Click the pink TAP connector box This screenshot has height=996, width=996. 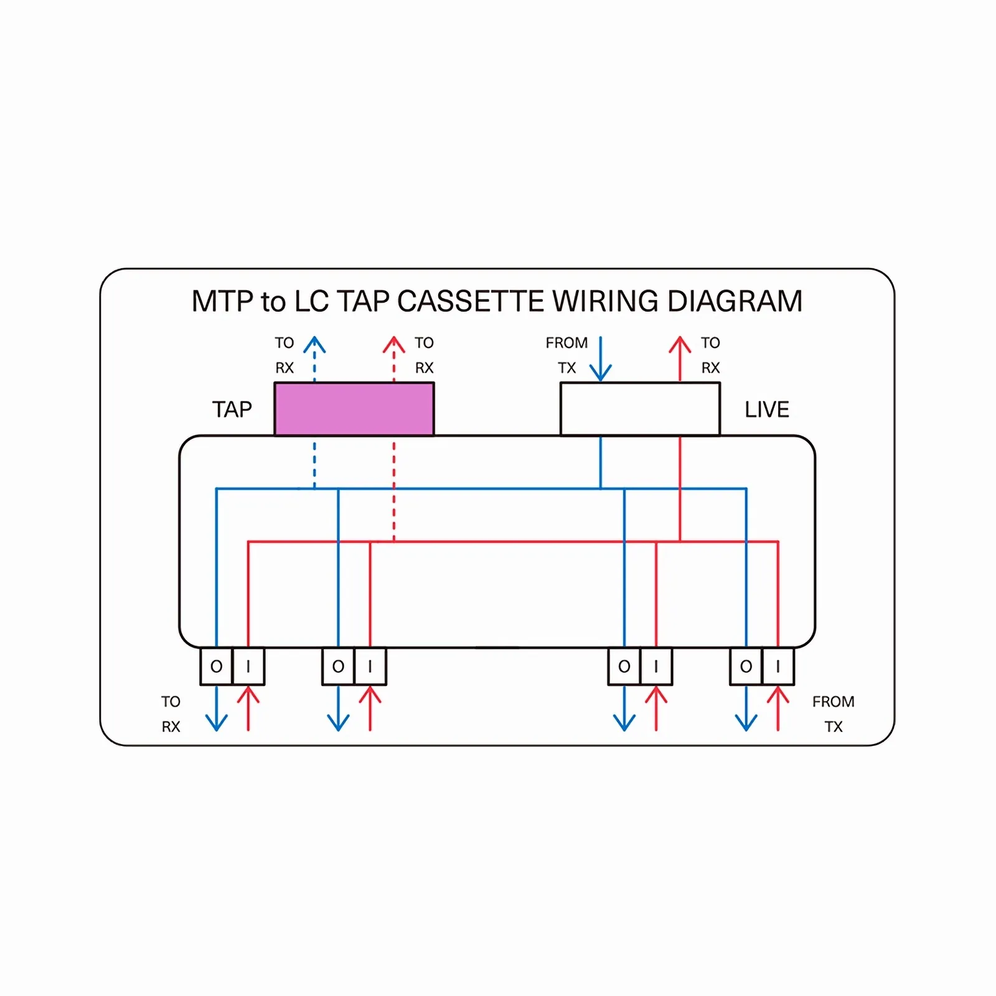(x=354, y=409)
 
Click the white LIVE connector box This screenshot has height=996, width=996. (x=640, y=409)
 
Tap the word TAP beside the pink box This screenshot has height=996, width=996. (x=232, y=410)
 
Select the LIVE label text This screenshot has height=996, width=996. (x=767, y=410)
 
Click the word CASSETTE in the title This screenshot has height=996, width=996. (x=471, y=301)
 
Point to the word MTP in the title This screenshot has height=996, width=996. (x=223, y=301)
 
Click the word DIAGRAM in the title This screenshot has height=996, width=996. (x=735, y=301)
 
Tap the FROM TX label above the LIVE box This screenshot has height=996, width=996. (x=566, y=355)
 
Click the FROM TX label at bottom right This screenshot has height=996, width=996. (x=833, y=714)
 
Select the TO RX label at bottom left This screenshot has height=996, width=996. (x=171, y=714)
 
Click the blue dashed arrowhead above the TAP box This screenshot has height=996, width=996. (x=314, y=344)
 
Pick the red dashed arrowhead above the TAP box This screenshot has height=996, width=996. (x=393, y=344)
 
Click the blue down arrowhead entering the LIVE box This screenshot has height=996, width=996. (x=601, y=372)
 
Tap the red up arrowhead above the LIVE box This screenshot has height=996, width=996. (x=680, y=344)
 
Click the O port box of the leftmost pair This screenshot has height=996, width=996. (x=216, y=667)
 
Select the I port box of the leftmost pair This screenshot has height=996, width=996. (x=248, y=667)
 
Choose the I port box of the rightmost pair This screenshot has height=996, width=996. (x=778, y=667)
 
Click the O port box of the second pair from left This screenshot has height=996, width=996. (x=338, y=667)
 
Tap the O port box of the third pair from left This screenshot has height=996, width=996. (x=624, y=667)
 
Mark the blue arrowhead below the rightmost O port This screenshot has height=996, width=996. (x=746, y=723)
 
